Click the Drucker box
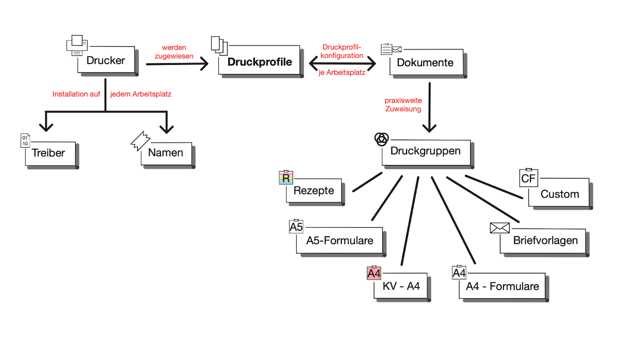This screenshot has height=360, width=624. click(x=106, y=60)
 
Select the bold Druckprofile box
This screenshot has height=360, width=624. click(x=259, y=62)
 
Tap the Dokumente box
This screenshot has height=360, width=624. click(x=425, y=62)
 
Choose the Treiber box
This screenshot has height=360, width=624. click(x=49, y=153)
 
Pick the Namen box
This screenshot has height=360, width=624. click(x=165, y=153)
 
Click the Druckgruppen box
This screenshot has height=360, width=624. click(x=426, y=151)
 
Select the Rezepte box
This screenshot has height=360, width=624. click(x=314, y=191)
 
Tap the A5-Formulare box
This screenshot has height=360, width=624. click(x=340, y=241)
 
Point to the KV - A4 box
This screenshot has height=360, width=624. click(x=401, y=286)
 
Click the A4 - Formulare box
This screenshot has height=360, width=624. click(x=502, y=286)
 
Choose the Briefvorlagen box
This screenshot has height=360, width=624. click(x=545, y=241)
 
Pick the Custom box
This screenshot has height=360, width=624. click(x=560, y=194)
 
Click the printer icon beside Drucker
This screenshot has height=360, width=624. click(x=77, y=45)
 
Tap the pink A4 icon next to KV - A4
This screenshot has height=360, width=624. click(x=374, y=273)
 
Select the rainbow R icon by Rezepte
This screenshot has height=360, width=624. click(x=286, y=178)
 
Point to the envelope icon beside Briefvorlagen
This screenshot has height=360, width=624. click(x=500, y=228)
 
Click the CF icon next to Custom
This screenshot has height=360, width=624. click(x=529, y=178)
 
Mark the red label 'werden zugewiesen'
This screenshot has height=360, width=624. click(x=174, y=52)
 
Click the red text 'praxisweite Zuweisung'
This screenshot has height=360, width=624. click(x=403, y=105)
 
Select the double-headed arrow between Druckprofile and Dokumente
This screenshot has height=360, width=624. click(x=342, y=63)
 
